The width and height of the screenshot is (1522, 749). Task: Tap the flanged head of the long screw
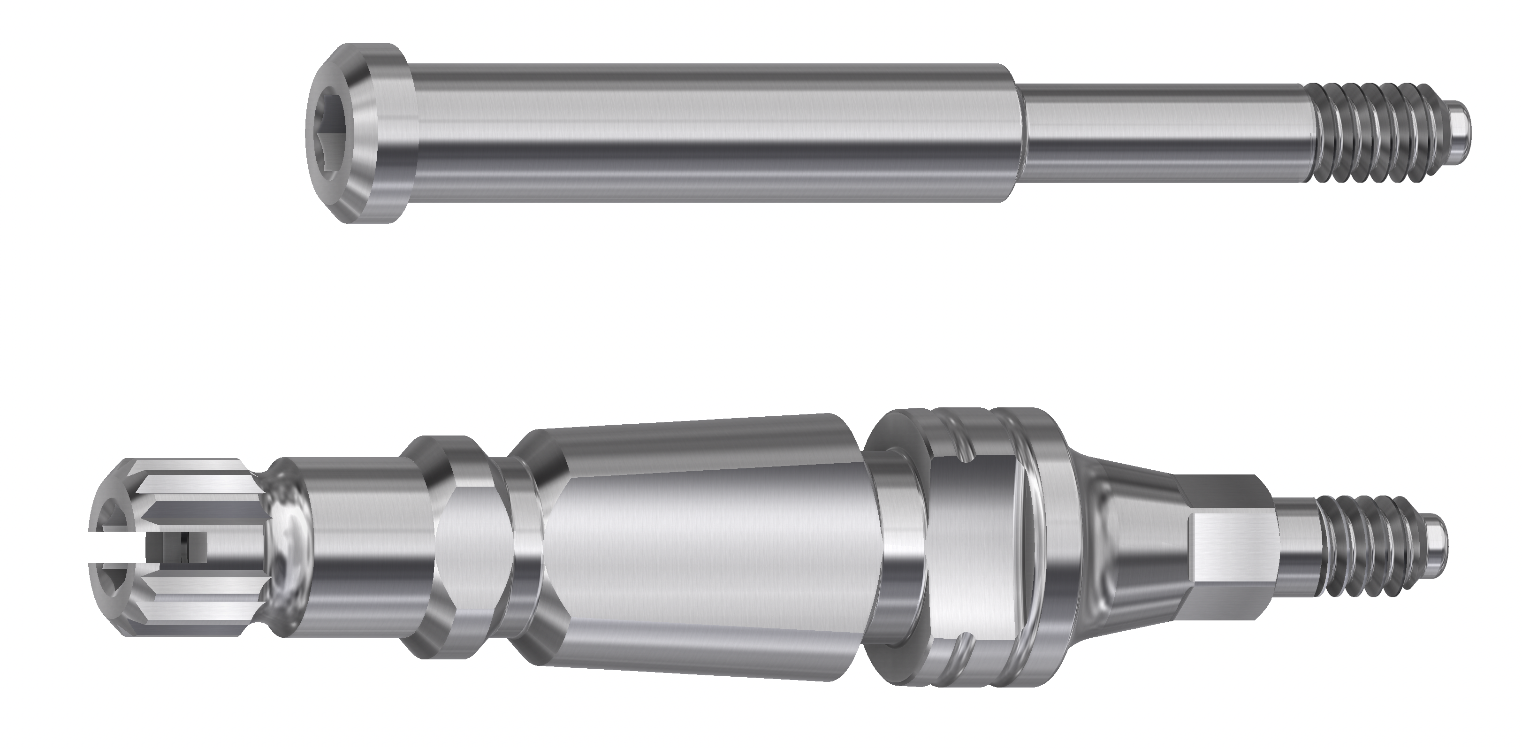[378, 134]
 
